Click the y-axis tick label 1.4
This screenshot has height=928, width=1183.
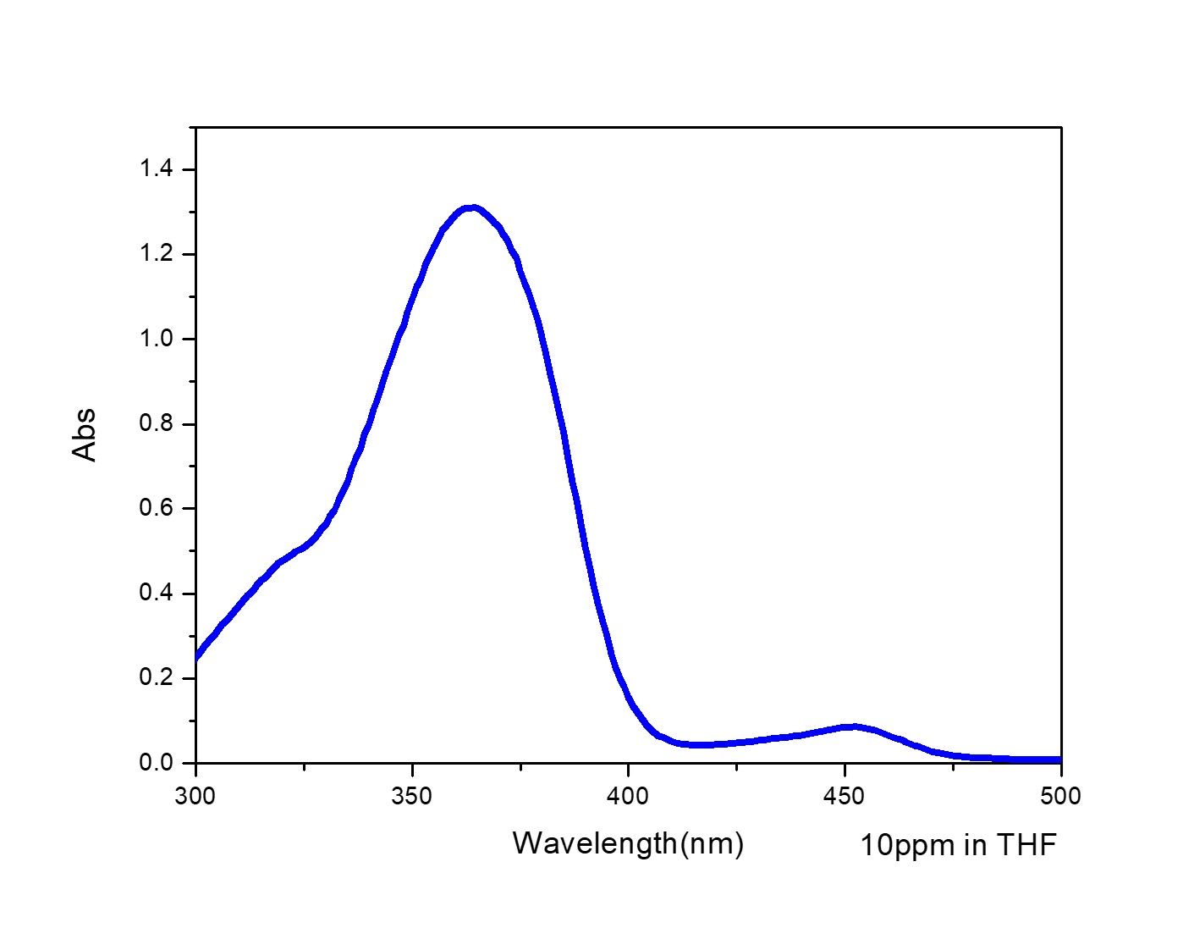[156, 169]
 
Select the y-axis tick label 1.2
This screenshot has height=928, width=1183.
[156, 254]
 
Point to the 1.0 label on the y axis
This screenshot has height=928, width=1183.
[156, 339]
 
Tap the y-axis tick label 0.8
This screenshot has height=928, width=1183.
[156, 423]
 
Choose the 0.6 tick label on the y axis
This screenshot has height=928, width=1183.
[156, 508]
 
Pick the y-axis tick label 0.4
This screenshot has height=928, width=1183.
[156, 593]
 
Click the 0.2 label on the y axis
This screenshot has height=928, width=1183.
[156, 677]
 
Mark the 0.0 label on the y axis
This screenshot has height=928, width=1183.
[156, 762]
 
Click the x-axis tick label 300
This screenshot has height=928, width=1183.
[195, 797]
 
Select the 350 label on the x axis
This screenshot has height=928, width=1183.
[412, 797]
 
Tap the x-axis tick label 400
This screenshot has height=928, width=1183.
[629, 797]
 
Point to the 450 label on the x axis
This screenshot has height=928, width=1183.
[845, 797]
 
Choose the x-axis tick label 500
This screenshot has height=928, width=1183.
[1060, 797]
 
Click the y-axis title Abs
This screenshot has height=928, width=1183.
[85, 435]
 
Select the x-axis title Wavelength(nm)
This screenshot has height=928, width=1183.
[628, 843]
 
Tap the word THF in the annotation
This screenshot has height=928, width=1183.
[1026, 845]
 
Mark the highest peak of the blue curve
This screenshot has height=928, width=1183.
[472, 207]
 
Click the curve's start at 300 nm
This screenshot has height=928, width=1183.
[196, 655]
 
